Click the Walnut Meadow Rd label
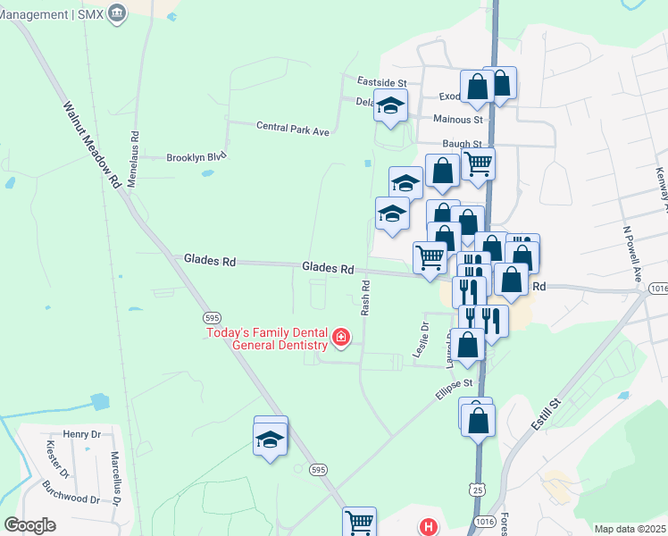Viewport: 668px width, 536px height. click(x=91, y=143)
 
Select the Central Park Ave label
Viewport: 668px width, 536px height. click(x=293, y=130)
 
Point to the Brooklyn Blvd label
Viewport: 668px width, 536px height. click(x=196, y=157)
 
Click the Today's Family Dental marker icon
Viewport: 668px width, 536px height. click(x=340, y=337)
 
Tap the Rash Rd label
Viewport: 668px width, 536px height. click(x=365, y=298)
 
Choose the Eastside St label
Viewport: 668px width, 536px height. click(x=381, y=81)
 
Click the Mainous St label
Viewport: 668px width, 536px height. click(x=457, y=119)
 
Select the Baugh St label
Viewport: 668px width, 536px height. click(x=462, y=144)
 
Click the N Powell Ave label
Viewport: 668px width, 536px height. click(x=633, y=252)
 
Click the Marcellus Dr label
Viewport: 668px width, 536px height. click(x=115, y=479)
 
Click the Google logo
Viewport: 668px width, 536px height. click(x=29, y=525)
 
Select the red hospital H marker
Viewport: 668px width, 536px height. click(x=429, y=527)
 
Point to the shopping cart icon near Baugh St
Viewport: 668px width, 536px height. click(x=479, y=163)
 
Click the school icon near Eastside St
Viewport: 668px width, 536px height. click(x=390, y=105)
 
